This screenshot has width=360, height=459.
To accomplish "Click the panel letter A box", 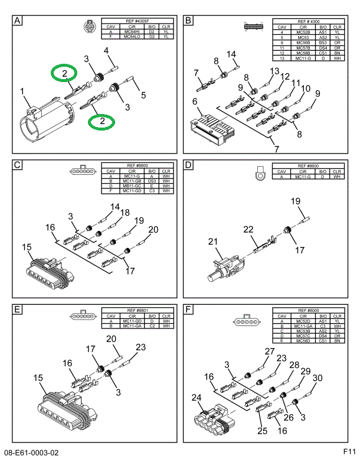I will pos(18,22).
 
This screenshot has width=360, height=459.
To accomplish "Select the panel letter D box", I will pos(189,165).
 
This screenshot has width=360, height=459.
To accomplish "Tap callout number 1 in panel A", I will pos(22,92).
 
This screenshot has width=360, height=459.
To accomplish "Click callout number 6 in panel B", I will pos(194,102).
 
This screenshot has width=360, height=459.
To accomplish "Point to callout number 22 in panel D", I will pos(248,229).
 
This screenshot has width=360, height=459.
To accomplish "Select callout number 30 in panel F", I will pos(317,378).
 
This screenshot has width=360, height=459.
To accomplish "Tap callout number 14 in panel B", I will pos(231,54).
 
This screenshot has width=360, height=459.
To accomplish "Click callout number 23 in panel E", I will pos(140,348).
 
